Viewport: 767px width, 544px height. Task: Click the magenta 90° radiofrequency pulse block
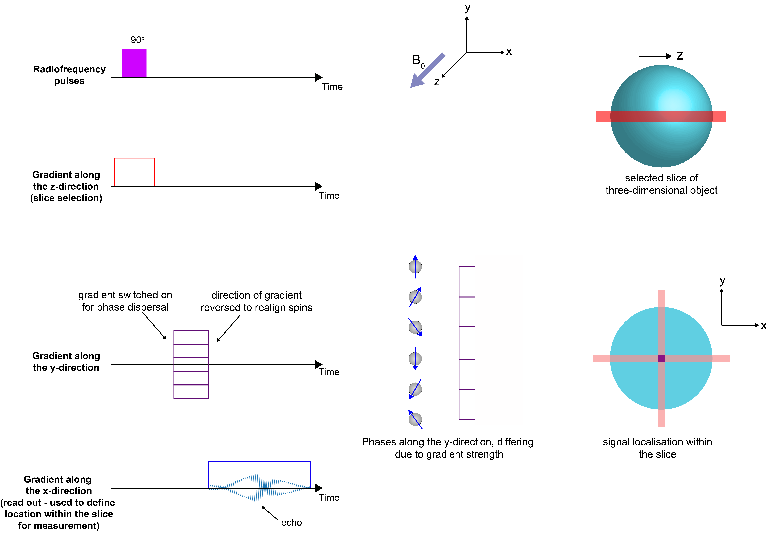[134, 63]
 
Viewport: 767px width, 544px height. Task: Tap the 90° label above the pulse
[137, 40]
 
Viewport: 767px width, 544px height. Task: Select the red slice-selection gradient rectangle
[134, 171]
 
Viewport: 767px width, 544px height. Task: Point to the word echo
[291, 522]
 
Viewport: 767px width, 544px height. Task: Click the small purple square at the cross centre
[661, 358]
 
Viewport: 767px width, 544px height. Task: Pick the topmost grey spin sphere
[415, 267]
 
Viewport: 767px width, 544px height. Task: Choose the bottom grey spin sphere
[415, 419]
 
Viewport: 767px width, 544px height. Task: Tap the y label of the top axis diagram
[467, 7]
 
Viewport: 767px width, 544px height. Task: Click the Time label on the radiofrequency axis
[332, 87]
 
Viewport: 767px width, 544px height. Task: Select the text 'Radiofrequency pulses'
[69, 75]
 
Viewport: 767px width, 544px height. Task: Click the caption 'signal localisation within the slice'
[657, 448]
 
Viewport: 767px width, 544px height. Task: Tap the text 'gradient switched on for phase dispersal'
[125, 301]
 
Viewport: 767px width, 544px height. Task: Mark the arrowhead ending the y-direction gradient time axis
[318, 364]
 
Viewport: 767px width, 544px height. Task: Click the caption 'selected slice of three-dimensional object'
[661, 184]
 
